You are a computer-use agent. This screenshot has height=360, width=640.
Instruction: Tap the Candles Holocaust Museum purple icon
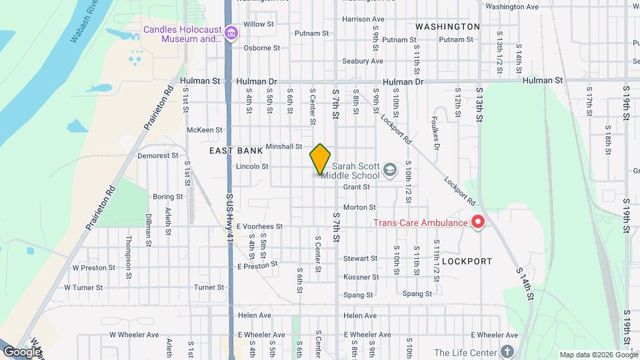(231, 33)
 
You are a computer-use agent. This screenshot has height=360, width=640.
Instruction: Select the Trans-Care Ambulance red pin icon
(477, 223)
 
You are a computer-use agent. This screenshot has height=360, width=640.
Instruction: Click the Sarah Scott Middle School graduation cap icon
(390, 172)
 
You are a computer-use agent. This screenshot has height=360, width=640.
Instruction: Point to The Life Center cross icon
(507, 351)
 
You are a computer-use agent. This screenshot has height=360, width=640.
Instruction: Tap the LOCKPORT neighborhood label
(467, 261)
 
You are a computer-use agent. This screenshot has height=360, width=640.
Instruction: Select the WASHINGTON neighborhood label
(447, 27)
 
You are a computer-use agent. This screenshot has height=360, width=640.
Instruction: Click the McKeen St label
(205, 130)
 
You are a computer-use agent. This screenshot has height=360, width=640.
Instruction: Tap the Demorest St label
(158, 155)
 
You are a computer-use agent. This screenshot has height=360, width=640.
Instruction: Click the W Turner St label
(83, 288)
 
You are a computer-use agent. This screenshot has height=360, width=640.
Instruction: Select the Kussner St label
(361, 277)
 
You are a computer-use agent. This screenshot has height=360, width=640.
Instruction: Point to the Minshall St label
(284, 147)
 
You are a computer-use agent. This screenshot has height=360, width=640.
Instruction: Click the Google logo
(22, 352)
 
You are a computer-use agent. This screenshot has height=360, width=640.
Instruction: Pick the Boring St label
(168, 197)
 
